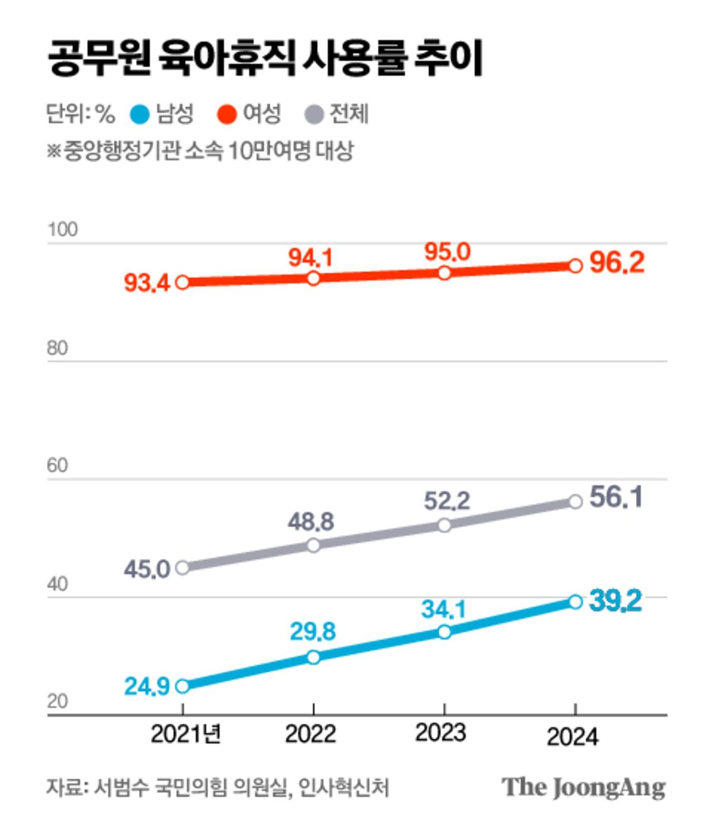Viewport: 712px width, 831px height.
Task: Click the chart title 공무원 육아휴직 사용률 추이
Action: pyautogui.click(x=265, y=58)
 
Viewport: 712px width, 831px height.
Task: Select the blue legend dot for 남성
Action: pyautogui.click(x=140, y=115)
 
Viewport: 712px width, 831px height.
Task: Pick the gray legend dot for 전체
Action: pyautogui.click(x=315, y=115)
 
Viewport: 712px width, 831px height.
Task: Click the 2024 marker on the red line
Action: pyautogui.click(x=576, y=265)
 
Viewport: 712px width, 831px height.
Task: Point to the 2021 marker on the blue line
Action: pyautogui.click(x=183, y=686)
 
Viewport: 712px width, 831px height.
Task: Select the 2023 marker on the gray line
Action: pyautogui.click(x=444, y=525)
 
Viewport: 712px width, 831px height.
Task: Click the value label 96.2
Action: pyautogui.click(x=617, y=262)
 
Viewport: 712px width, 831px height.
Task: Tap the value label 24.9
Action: pyautogui.click(x=147, y=686)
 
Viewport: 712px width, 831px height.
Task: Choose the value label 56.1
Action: pyautogui.click(x=616, y=497)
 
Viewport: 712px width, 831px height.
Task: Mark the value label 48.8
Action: pyautogui.click(x=311, y=522)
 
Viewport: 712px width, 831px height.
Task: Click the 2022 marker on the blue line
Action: pyautogui.click(x=313, y=657)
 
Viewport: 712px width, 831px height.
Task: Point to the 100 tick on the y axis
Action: pyautogui.click(x=62, y=229)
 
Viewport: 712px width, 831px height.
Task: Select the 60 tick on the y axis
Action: pyautogui.click(x=57, y=465)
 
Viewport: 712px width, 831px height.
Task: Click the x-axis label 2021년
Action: pyautogui.click(x=186, y=735)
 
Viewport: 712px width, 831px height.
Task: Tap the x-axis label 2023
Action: pyautogui.click(x=440, y=733)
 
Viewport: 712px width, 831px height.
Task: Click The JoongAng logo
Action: pyautogui.click(x=583, y=787)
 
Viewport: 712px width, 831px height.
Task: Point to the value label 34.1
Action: pyautogui.click(x=444, y=609)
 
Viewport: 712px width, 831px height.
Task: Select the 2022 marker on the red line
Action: pyautogui.click(x=313, y=278)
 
